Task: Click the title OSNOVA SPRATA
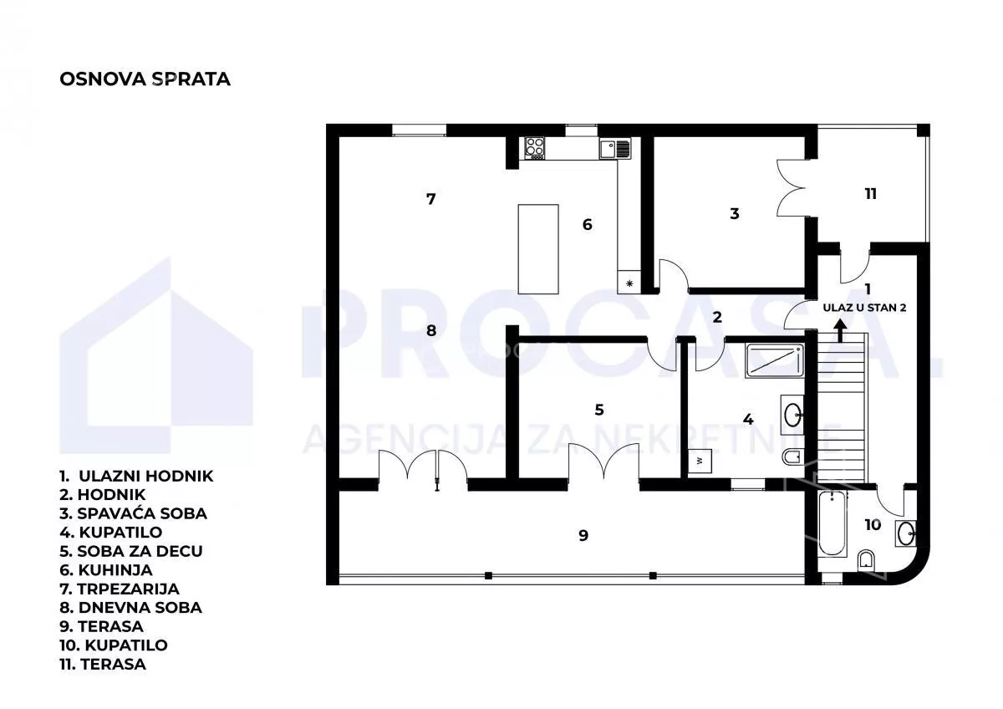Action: pyautogui.click(x=145, y=79)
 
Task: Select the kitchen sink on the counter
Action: pyautogui.click(x=615, y=149)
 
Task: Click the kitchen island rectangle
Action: pyautogui.click(x=538, y=249)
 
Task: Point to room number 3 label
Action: pyautogui.click(x=735, y=214)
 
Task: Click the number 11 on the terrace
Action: pyautogui.click(x=870, y=194)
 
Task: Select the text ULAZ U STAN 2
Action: pyautogui.click(x=864, y=309)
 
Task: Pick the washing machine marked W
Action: pyautogui.click(x=700, y=461)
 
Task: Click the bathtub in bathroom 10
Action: pyautogui.click(x=832, y=524)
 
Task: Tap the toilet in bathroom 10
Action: pyautogui.click(x=866, y=561)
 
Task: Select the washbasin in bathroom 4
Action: pyautogui.click(x=792, y=415)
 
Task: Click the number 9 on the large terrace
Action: pyautogui.click(x=583, y=536)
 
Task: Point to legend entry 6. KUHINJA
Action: pyautogui.click(x=106, y=570)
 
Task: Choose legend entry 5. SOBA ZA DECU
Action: pyautogui.click(x=131, y=551)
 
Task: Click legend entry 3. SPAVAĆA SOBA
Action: pyautogui.click(x=134, y=513)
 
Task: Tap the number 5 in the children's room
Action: pyautogui.click(x=599, y=410)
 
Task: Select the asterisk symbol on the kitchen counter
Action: pyautogui.click(x=629, y=283)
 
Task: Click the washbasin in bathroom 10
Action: pyautogui.click(x=905, y=533)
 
